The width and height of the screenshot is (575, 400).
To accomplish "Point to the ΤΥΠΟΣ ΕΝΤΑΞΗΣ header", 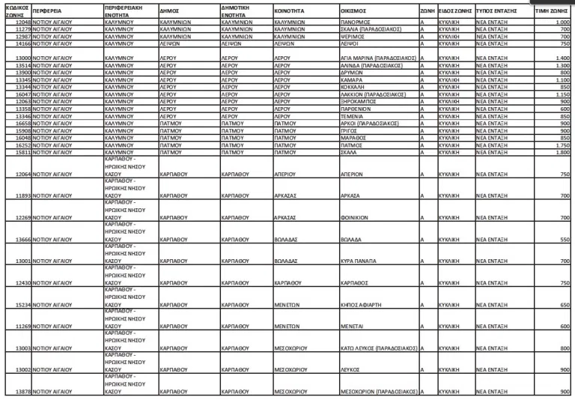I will pyautogui.click(x=497, y=12).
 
